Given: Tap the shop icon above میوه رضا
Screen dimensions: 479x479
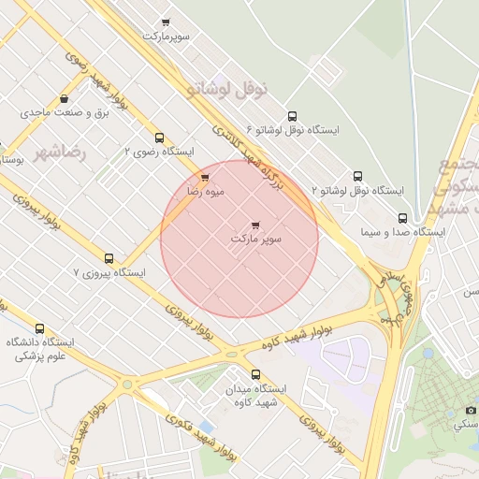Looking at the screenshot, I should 205,177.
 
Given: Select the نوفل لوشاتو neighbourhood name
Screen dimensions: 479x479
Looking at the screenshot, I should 227,89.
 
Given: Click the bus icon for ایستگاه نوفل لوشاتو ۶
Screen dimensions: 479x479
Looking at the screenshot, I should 292,117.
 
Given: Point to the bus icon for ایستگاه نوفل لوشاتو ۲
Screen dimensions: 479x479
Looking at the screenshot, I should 357,176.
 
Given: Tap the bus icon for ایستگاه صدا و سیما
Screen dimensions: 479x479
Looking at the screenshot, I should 402,218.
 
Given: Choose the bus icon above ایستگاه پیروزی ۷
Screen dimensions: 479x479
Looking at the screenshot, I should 109,258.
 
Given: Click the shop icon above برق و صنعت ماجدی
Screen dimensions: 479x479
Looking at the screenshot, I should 64,98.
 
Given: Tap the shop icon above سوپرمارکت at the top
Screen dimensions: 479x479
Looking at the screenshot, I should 167,22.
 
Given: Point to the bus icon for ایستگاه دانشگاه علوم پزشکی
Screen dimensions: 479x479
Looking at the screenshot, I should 39,328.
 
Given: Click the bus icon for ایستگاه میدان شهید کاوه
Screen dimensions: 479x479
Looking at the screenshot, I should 243,373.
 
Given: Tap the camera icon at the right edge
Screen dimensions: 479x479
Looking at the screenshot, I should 471,410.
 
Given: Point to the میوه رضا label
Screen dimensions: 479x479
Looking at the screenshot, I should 206,191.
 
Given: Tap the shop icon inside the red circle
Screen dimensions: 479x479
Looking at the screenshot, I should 256,225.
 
